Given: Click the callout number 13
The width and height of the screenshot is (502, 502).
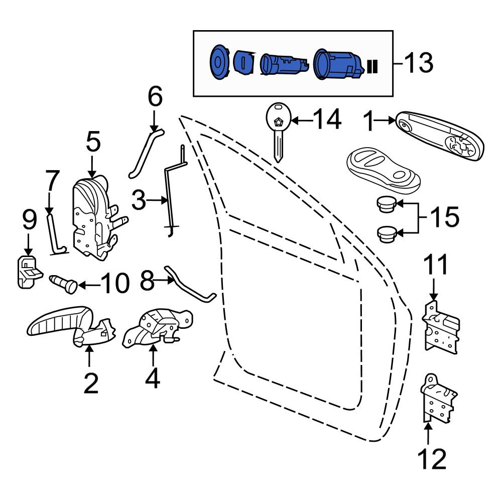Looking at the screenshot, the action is click(419, 63).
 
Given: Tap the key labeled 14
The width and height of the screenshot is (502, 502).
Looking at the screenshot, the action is click(278, 131).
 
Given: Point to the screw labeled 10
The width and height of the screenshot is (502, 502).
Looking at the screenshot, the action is click(64, 283).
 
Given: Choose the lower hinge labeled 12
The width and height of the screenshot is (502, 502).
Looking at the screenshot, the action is click(438, 399).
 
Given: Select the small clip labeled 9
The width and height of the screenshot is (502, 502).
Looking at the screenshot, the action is click(29, 272).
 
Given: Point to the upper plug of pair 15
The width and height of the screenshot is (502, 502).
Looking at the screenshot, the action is click(386, 204).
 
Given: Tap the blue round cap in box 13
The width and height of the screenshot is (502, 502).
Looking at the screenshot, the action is click(219, 62).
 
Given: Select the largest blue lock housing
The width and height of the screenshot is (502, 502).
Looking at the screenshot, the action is click(338, 64).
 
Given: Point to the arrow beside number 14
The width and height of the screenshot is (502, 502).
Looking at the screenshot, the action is click(302, 120).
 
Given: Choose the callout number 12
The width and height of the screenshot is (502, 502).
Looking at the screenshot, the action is click(432, 459).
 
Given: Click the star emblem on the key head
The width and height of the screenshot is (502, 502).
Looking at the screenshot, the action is click(278, 122).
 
